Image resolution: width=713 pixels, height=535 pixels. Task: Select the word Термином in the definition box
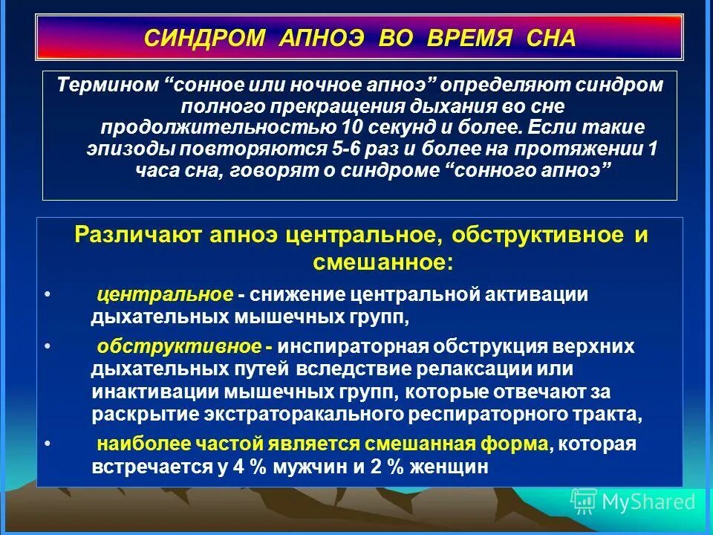[x=108, y=85]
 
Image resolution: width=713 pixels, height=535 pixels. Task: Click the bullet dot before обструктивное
[x=47, y=347]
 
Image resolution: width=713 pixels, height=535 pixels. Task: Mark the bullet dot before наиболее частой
[x=47, y=444]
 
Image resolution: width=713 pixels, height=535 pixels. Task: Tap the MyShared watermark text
[x=648, y=502]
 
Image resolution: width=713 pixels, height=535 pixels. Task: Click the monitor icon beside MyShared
[x=584, y=502]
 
